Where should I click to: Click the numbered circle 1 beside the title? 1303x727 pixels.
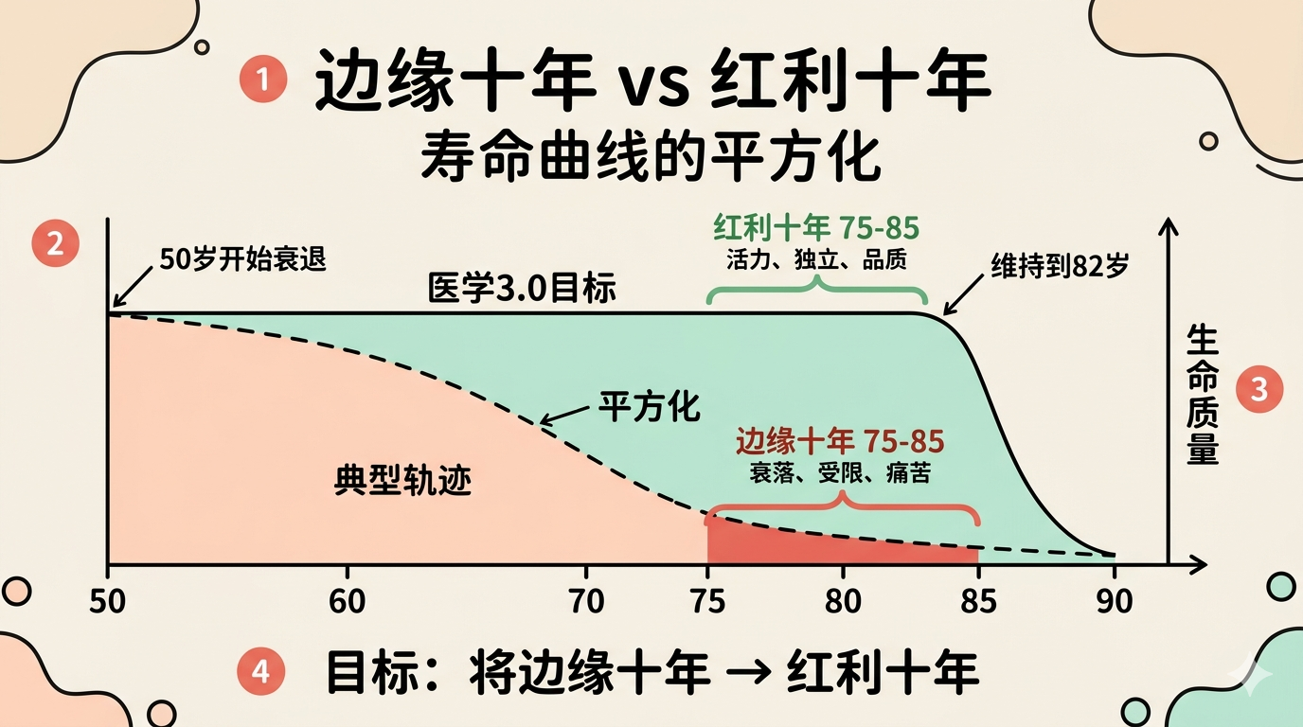264,80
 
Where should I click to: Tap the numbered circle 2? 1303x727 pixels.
56,244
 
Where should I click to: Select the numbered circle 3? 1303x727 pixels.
1258,390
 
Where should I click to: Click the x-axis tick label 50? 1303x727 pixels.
108,602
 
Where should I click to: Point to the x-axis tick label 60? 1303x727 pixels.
347,602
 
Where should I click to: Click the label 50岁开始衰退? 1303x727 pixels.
242,259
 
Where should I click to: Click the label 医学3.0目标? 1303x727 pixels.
522,288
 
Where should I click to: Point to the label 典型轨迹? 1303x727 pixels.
402,482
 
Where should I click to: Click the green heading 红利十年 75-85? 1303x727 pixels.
816,230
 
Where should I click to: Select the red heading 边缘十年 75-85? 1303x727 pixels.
840,442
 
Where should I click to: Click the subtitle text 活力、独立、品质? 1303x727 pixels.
816,260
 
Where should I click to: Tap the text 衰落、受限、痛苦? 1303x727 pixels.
840,472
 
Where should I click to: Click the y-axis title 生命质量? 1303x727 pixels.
1202,397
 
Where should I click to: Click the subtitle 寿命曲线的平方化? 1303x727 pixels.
651,157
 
